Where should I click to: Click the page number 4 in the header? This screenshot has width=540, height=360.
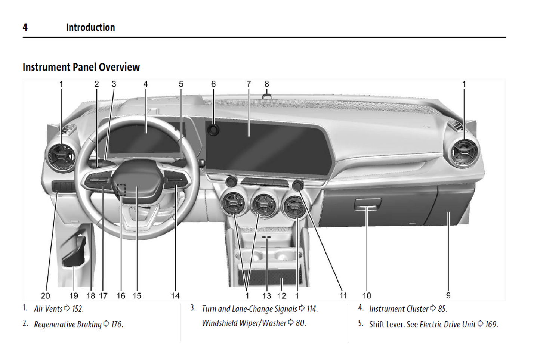pos(25,27)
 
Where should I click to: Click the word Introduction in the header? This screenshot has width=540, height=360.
pos(90,27)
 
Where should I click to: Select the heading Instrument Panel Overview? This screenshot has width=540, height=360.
pos(81,67)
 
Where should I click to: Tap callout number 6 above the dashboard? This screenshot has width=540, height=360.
pos(213,84)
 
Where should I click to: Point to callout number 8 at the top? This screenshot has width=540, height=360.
pos(267,84)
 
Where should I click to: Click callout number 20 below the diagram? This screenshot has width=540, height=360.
pos(45,296)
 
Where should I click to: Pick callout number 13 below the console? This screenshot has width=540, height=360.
pos(266,296)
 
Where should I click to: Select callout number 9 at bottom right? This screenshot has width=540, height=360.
pos(448,295)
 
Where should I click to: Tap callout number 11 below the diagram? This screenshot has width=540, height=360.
pos(343,296)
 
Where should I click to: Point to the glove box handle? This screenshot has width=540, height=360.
pos(367,204)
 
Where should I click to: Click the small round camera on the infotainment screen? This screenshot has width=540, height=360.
pos(213,130)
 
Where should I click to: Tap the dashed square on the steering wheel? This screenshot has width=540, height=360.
pos(121,190)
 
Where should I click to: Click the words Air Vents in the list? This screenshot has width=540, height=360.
pos(48,309)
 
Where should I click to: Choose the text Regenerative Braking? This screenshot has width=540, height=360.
pos(68,324)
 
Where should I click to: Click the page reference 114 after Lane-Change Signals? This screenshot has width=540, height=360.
pos(312,309)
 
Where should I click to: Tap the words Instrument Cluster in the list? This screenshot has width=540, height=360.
pos(398,309)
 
